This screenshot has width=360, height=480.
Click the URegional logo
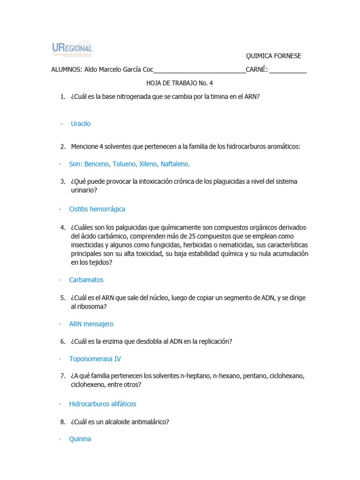[x=71, y=49]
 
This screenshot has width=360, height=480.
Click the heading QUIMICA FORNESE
[x=274, y=56]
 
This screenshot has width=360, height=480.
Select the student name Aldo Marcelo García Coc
[x=119, y=70]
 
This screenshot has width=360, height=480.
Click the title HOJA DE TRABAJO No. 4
[x=180, y=83]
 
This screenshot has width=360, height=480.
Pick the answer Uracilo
[x=81, y=124]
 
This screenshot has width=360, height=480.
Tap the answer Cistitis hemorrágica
[x=97, y=209]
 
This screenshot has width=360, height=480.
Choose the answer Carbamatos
[x=86, y=280]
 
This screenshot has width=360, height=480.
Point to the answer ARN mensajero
[x=91, y=324]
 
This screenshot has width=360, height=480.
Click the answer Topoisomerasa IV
[x=95, y=359]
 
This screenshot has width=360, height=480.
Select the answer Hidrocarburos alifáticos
[x=103, y=404]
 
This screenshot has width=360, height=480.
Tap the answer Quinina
[x=80, y=439]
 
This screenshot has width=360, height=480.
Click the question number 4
[x=62, y=227]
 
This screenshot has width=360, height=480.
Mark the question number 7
[x=62, y=376]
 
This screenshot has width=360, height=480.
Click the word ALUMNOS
[x=66, y=70]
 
